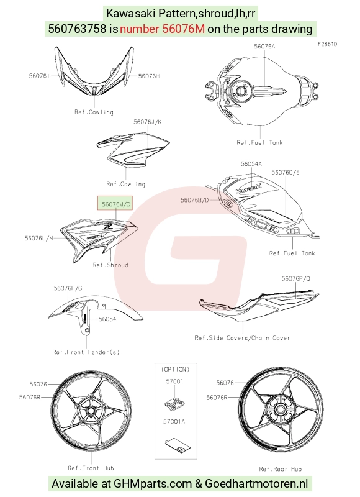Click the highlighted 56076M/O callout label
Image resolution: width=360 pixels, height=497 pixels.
coord(116,204)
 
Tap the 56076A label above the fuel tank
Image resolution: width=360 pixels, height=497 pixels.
coord(264,47)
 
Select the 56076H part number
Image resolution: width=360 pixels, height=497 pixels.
coord(149,76)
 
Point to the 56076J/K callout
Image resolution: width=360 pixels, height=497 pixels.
coord(148,122)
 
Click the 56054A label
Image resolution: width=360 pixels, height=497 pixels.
coord(251,164)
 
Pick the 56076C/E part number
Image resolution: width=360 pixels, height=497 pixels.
coord(286,173)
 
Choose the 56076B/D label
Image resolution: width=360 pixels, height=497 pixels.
coord(194,200)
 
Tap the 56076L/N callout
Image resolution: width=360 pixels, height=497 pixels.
coord(39,238)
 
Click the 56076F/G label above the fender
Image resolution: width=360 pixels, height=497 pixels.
coord(68,288)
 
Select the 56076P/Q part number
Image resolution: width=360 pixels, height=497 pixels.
coord(295,278)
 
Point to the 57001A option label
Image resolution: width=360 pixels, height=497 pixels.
coord(174,422)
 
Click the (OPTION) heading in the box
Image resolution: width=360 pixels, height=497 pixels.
coord(176,369)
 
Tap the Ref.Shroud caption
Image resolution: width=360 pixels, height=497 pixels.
coord(110,265)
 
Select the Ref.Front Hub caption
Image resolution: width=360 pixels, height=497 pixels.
coord(91,468)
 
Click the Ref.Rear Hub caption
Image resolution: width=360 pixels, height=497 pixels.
coord(280,469)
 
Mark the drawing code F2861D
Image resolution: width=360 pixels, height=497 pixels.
coord(328,44)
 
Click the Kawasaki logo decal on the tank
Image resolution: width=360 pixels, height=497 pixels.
coord(249,188)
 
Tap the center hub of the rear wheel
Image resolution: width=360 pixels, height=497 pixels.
coord(280,409)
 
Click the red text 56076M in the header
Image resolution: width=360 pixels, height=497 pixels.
coord(162,29)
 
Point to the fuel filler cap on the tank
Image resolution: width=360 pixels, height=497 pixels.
coord(241,91)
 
